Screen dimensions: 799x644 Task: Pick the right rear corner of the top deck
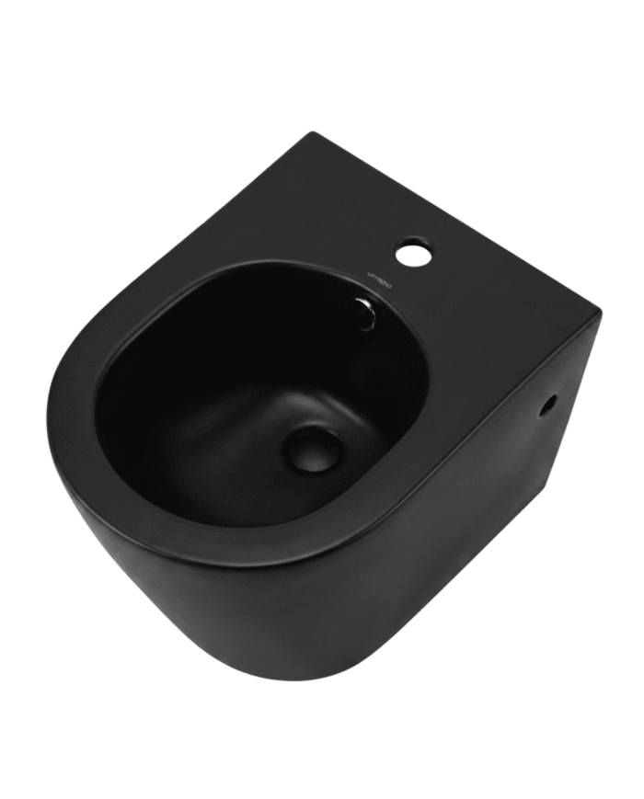pos(599,312)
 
